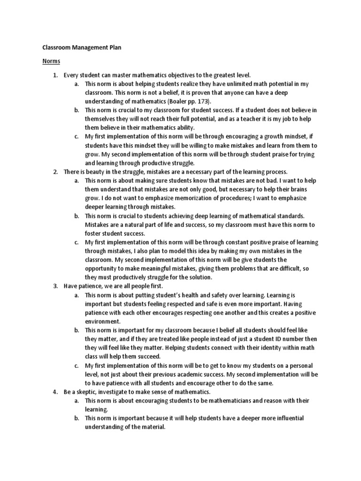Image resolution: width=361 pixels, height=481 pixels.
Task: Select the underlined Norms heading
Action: (51, 61)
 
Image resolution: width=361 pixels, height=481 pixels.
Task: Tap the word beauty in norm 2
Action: (97, 171)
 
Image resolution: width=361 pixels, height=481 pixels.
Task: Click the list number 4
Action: (55, 392)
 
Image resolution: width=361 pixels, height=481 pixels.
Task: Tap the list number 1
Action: (55, 75)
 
